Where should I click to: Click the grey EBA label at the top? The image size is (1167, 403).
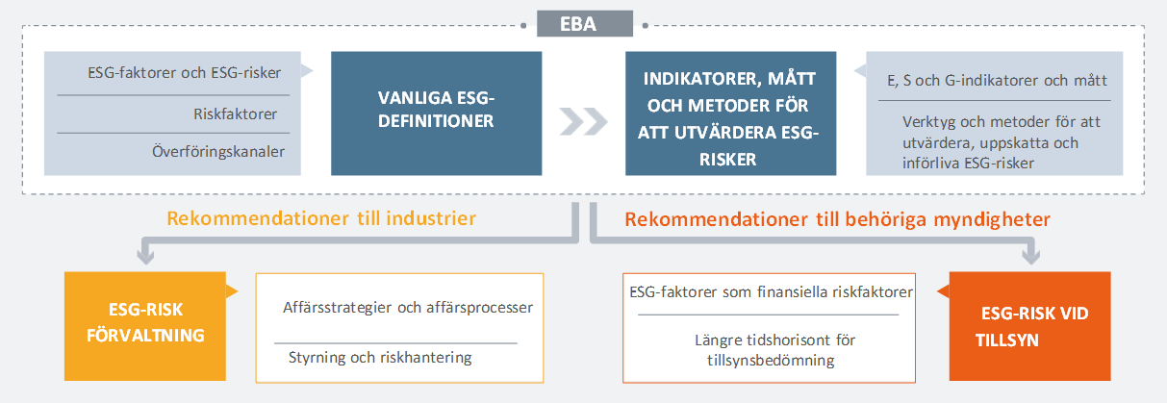(585, 23)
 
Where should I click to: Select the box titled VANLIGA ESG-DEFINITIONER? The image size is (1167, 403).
(436, 113)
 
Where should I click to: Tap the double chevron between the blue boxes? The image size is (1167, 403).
(583, 121)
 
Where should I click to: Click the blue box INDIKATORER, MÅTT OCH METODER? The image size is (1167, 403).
(730, 113)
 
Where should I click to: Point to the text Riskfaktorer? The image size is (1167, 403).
(235, 114)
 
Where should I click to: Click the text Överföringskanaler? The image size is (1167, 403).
(218, 152)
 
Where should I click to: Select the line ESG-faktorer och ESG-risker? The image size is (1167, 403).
(184, 72)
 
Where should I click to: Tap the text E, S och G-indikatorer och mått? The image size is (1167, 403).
(997, 80)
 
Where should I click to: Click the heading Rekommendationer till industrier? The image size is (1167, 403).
(321, 218)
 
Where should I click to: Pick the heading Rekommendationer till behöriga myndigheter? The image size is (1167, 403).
(837, 219)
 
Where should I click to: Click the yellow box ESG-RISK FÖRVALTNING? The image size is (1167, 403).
(145, 326)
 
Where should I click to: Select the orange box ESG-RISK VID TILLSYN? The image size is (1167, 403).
(1029, 326)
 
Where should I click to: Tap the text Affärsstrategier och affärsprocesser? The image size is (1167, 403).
(408, 307)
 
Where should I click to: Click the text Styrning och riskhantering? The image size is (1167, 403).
(380, 357)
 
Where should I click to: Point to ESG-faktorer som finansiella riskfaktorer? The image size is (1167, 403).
(771, 291)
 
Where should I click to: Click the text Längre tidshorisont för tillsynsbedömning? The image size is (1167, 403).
(774, 350)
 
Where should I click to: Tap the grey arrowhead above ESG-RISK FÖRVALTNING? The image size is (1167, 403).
(145, 256)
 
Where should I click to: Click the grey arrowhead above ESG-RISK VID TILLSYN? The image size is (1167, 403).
(1030, 256)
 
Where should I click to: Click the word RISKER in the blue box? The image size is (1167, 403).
(728, 160)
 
